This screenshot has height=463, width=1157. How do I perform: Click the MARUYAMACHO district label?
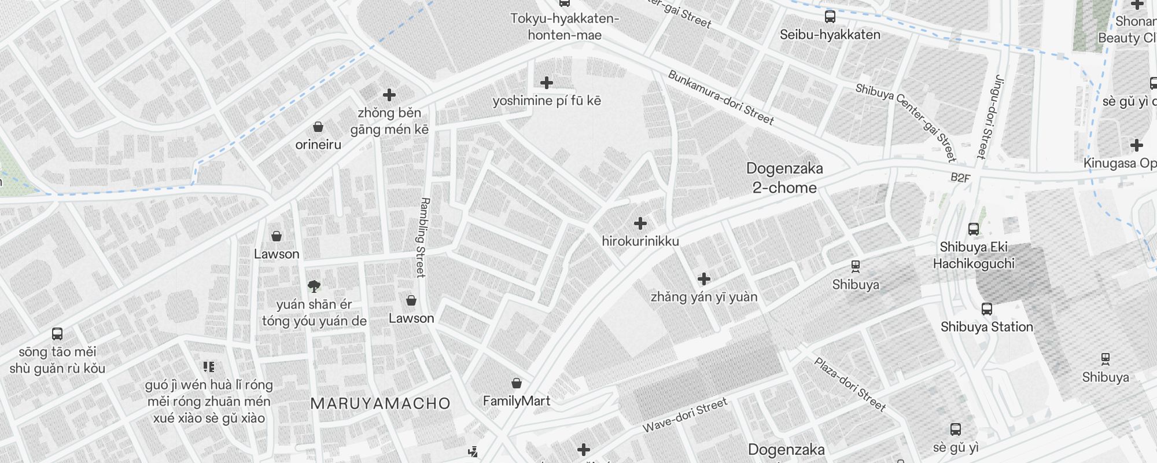380,404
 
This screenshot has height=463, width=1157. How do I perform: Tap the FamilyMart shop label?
516,401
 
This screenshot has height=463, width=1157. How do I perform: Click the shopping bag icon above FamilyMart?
516,383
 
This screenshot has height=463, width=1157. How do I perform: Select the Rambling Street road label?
422,237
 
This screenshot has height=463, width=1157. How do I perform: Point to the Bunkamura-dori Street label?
720,98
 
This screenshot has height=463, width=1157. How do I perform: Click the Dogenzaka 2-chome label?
784,178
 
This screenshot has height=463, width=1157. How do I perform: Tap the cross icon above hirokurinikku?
640,223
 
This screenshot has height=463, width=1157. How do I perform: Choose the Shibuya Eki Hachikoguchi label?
974,255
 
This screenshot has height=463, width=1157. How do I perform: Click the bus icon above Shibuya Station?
986,309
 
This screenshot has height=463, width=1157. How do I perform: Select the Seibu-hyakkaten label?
830,35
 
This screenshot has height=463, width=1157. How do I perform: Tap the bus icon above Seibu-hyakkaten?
830,17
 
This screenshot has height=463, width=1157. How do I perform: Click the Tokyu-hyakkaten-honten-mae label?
565,27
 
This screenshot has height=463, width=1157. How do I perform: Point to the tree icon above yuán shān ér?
314,286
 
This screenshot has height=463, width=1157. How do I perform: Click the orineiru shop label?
318,145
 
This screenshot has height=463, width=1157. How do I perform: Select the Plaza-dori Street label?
850,384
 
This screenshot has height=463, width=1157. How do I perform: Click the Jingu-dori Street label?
989,116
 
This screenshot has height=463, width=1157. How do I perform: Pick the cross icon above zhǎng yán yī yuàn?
703,280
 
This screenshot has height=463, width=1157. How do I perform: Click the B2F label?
960,178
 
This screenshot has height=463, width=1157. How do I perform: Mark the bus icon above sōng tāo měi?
57,334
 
